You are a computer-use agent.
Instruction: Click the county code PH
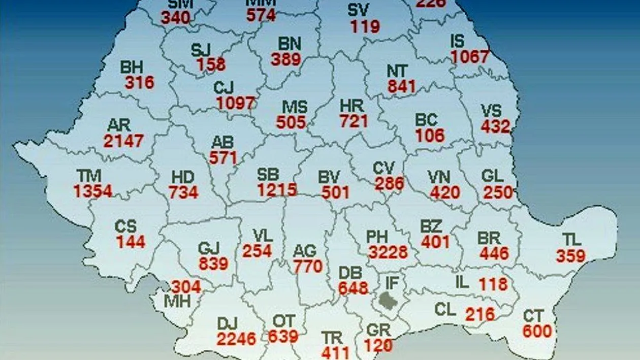coord(377,237)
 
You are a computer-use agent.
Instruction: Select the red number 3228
coord(388,252)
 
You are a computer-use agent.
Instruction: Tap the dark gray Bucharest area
coord(389,301)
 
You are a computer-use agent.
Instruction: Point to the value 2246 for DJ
coord(236,339)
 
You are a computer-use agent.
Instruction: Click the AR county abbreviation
coord(119,125)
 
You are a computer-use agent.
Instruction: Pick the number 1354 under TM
coord(92,191)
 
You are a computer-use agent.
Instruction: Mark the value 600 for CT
coord(537,331)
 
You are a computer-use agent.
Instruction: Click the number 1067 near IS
coord(469,56)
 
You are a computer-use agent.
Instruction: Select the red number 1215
coord(276,190)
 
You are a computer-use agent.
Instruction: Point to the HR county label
coord(351,106)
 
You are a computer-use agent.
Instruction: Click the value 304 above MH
coord(185,287)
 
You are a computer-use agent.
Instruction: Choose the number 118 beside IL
coord(493,284)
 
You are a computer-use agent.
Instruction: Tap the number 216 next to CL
coord(479,314)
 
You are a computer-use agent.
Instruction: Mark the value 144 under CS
coord(131,242)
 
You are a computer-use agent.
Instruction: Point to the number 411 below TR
coord(335,352)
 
